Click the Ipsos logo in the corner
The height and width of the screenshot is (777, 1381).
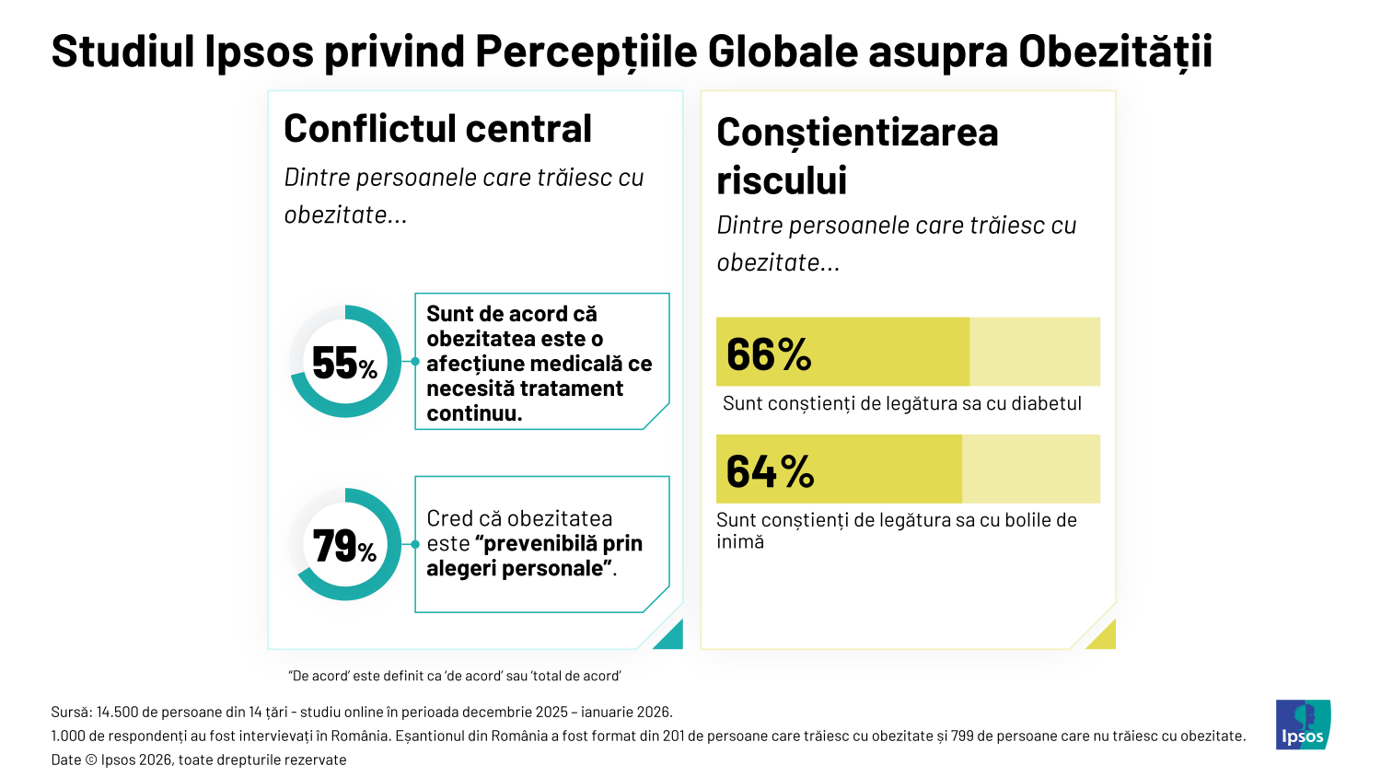1303,725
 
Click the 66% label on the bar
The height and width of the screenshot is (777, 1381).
769,354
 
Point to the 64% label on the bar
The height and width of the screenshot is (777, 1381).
770,471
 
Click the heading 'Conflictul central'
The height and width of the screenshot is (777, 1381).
437,129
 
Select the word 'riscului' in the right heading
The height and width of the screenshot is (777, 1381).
782,180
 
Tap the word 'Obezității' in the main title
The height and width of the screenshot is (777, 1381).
1115,52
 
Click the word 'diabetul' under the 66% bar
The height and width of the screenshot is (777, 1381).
1046,403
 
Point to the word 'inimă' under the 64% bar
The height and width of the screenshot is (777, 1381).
740,542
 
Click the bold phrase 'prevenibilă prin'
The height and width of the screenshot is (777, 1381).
563,543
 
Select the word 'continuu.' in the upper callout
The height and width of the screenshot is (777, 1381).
474,413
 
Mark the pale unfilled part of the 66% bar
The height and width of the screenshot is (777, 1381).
1035,352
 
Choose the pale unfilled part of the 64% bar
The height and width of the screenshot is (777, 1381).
1031,469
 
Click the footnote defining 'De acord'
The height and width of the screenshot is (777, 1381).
455,676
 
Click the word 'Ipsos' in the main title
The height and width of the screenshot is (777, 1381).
259,52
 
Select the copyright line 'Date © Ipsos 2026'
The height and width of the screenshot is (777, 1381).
199,760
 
